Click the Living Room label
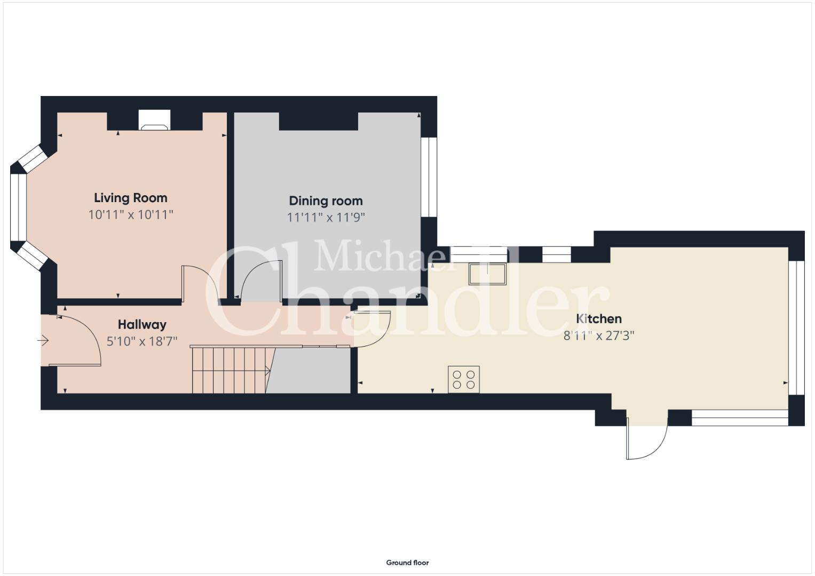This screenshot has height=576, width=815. click(131, 198)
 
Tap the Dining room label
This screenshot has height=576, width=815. click(326, 201)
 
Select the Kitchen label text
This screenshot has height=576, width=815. click(599, 319)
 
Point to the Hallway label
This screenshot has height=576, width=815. click(142, 325)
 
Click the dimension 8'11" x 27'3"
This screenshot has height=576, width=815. click(599, 335)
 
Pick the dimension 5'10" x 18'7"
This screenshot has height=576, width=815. click(142, 341)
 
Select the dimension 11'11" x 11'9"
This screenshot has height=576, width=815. click(326, 218)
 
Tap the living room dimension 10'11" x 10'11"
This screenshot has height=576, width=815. click(131, 215)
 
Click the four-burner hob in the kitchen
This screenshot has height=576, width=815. click(463, 380)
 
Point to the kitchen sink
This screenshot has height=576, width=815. click(487, 274)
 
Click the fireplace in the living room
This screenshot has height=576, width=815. click(155, 120)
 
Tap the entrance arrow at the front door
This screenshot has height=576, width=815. click(43, 341)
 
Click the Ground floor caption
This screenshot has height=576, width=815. click(408, 563)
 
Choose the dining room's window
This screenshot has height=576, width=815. click(429, 177)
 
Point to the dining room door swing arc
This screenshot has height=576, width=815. click(252, 275)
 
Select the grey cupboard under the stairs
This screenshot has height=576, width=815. click(308, 371)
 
